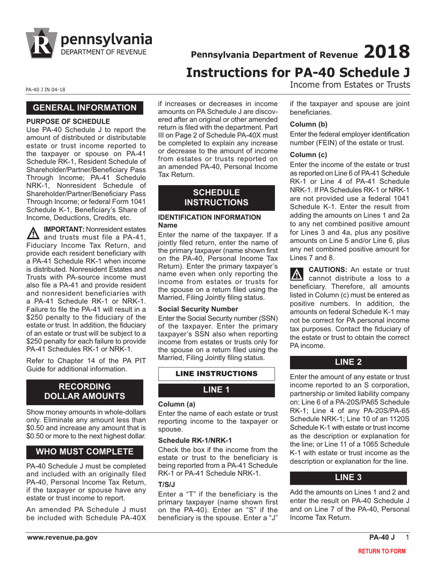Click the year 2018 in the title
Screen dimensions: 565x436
(x=386, y=51)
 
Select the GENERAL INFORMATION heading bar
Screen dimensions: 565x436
(x=85, y=108)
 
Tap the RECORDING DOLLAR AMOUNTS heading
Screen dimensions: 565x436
(x=85, y=391)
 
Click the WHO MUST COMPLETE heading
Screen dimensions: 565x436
(x=85, y=452)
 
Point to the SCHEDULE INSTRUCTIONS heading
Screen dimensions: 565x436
(x=216, y=197)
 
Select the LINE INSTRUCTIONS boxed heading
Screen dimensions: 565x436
(x=216, y=374)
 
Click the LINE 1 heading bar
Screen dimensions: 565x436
(x=216, y=390)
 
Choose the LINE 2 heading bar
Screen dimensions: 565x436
(x=348, y=362)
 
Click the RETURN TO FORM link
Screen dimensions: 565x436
(x=382, y=551)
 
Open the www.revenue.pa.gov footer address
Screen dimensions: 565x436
(x=62, y=537)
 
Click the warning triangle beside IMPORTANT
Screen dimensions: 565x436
(x=34, y=233)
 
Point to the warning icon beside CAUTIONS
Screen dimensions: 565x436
(x=297, y=274)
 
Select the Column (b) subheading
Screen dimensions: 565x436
(x=308, y=124)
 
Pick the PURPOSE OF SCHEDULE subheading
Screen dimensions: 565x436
(x=68, y=121)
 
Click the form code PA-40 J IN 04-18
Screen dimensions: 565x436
(x=45, y=90)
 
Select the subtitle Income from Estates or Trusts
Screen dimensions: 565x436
(x=350, y=85)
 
